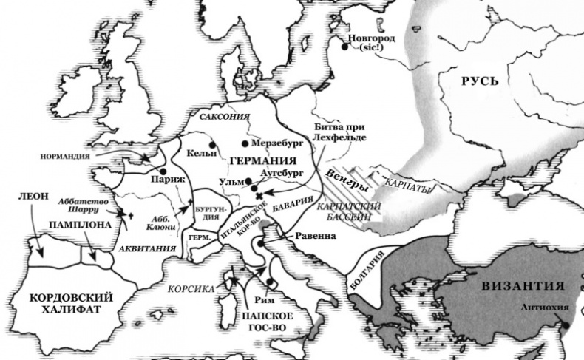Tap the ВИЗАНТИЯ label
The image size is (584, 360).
521,285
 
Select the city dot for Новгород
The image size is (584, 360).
345,45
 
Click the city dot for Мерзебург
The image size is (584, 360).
244,143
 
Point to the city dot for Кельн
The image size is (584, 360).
212,145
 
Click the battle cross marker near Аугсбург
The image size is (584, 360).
259,196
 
